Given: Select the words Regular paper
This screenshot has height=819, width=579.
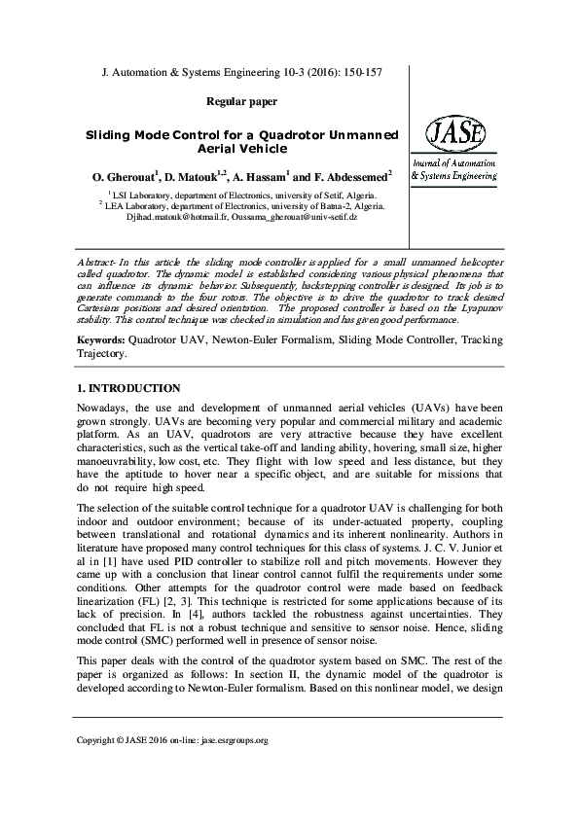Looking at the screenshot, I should coord(242,101).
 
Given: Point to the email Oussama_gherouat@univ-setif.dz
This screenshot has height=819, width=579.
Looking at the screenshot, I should coord(300,218).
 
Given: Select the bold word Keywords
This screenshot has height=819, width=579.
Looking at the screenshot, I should coord(100,341).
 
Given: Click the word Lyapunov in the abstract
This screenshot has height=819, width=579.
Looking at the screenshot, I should coord(466,306).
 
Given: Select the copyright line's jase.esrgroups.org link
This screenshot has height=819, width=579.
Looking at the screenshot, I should coord(232,767).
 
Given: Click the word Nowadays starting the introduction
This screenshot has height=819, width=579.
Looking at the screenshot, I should coord(104,407).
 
